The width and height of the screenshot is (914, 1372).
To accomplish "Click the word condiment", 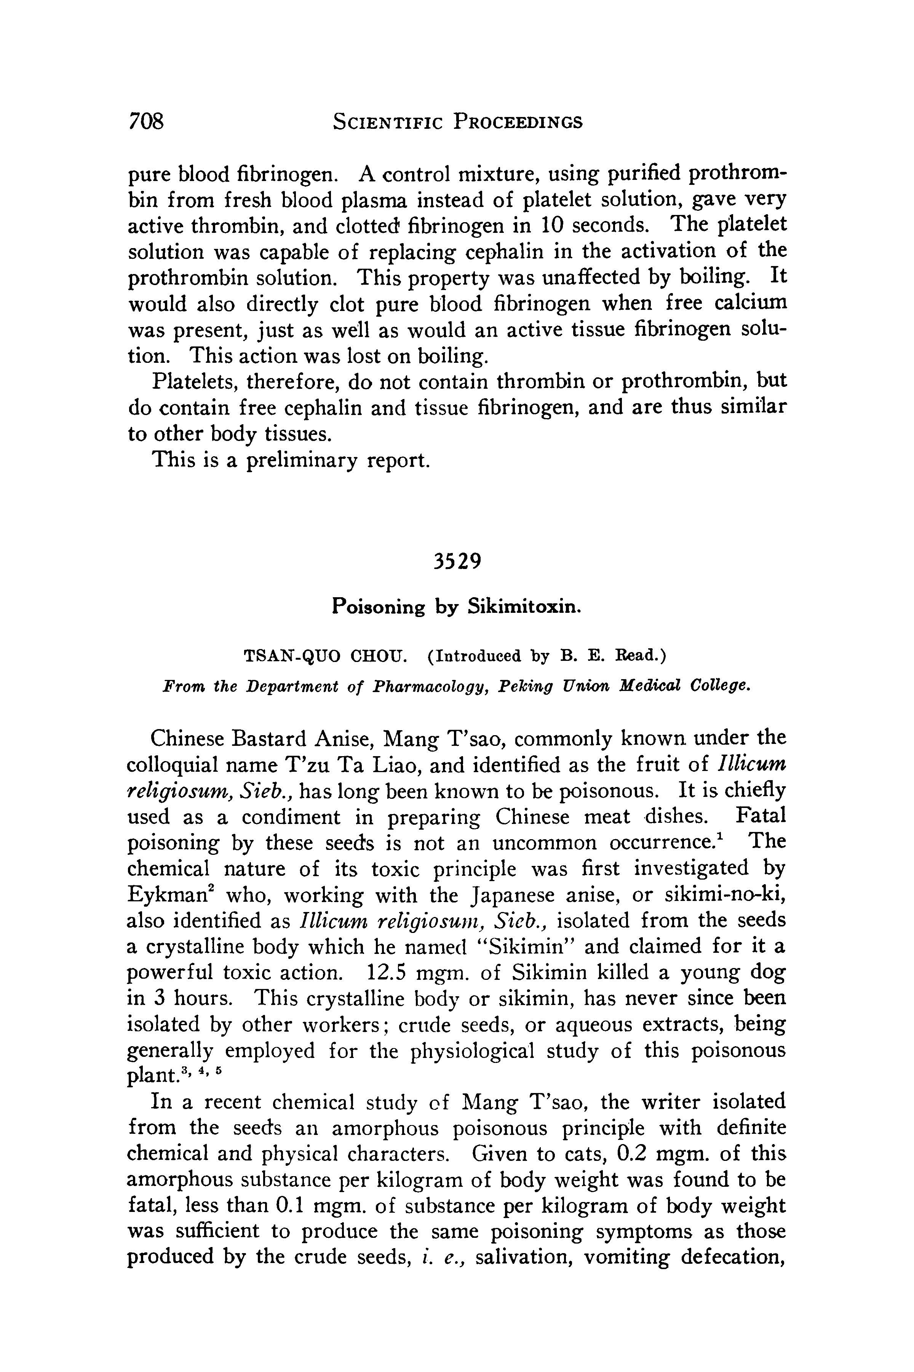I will click(290, 817).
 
